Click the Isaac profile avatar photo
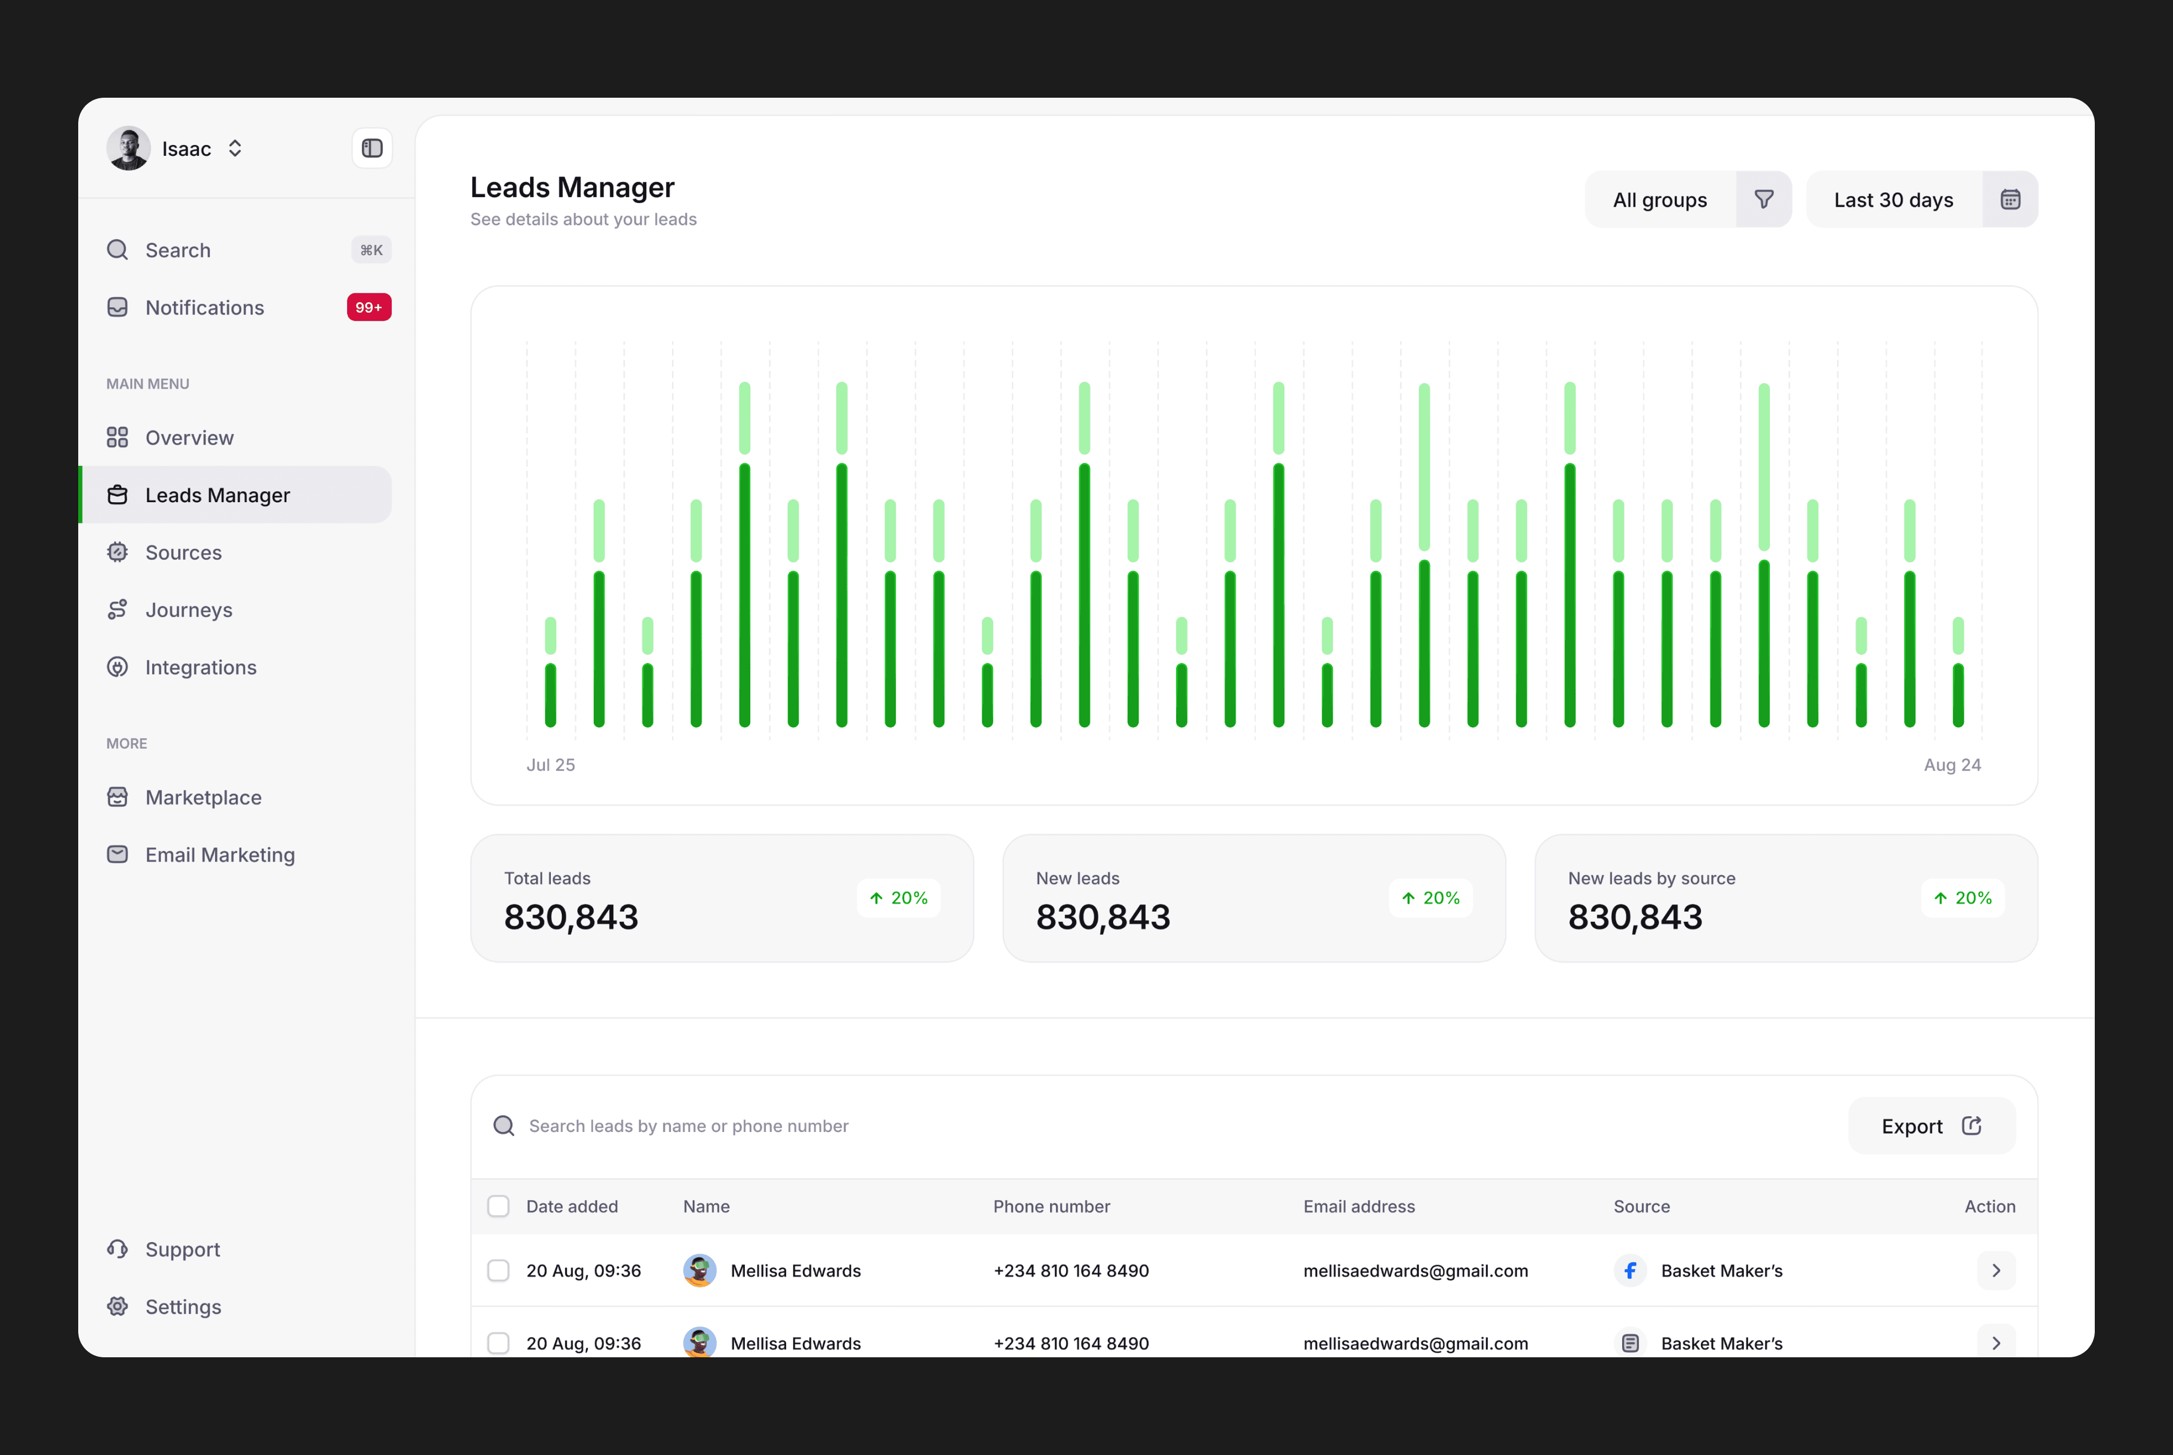128,148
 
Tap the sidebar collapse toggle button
372,148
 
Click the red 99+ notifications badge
368,307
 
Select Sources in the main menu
183,552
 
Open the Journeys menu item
189,610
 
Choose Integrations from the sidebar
200,667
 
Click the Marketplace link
203,797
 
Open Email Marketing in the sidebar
220,855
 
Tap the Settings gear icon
117,1307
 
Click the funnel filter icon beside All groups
1763,199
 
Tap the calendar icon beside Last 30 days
2009,199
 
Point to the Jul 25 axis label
550,764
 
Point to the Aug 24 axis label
1952,764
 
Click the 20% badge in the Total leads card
899,898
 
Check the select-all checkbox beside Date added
499,1206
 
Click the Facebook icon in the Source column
1630,1270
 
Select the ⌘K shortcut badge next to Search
371,250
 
